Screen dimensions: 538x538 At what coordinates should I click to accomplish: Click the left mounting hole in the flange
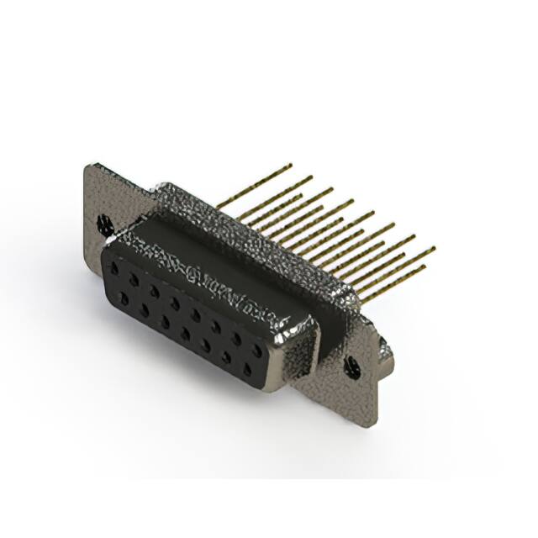pos(105,224)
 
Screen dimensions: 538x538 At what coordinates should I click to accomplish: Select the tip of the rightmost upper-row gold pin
pos(434,249)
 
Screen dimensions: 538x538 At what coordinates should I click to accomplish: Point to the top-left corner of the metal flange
pos(87,165)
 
